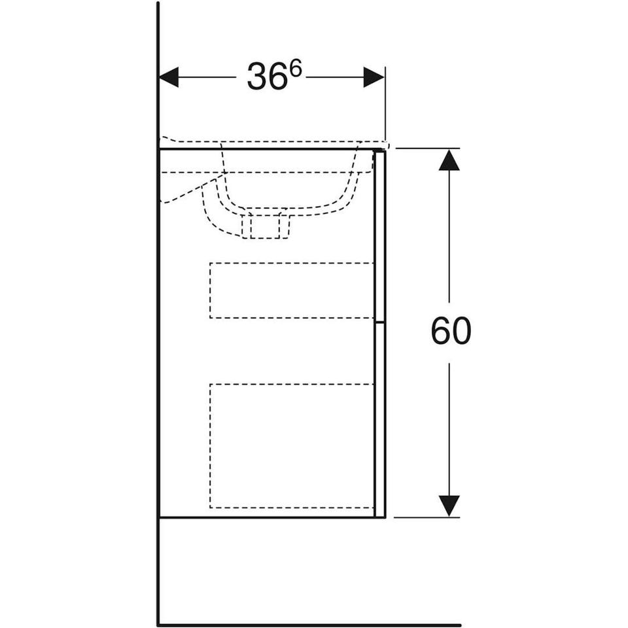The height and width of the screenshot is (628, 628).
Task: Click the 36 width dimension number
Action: coord(268,76)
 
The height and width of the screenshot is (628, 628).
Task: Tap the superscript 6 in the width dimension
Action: coord(295,70)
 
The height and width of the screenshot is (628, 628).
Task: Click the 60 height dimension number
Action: coord(451,331)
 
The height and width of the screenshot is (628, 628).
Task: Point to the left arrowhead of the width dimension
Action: coord(169,77)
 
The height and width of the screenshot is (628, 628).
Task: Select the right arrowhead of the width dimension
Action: coord(374,77)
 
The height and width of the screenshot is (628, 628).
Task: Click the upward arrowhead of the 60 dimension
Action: coord(449,160)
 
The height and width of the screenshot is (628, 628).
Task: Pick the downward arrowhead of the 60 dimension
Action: coord(449,506)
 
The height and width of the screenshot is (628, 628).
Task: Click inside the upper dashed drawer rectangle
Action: coord(292,290)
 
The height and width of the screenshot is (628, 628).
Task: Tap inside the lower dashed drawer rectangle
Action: coord(292,445)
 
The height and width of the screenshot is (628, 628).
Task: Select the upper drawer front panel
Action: coord(379,236)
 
